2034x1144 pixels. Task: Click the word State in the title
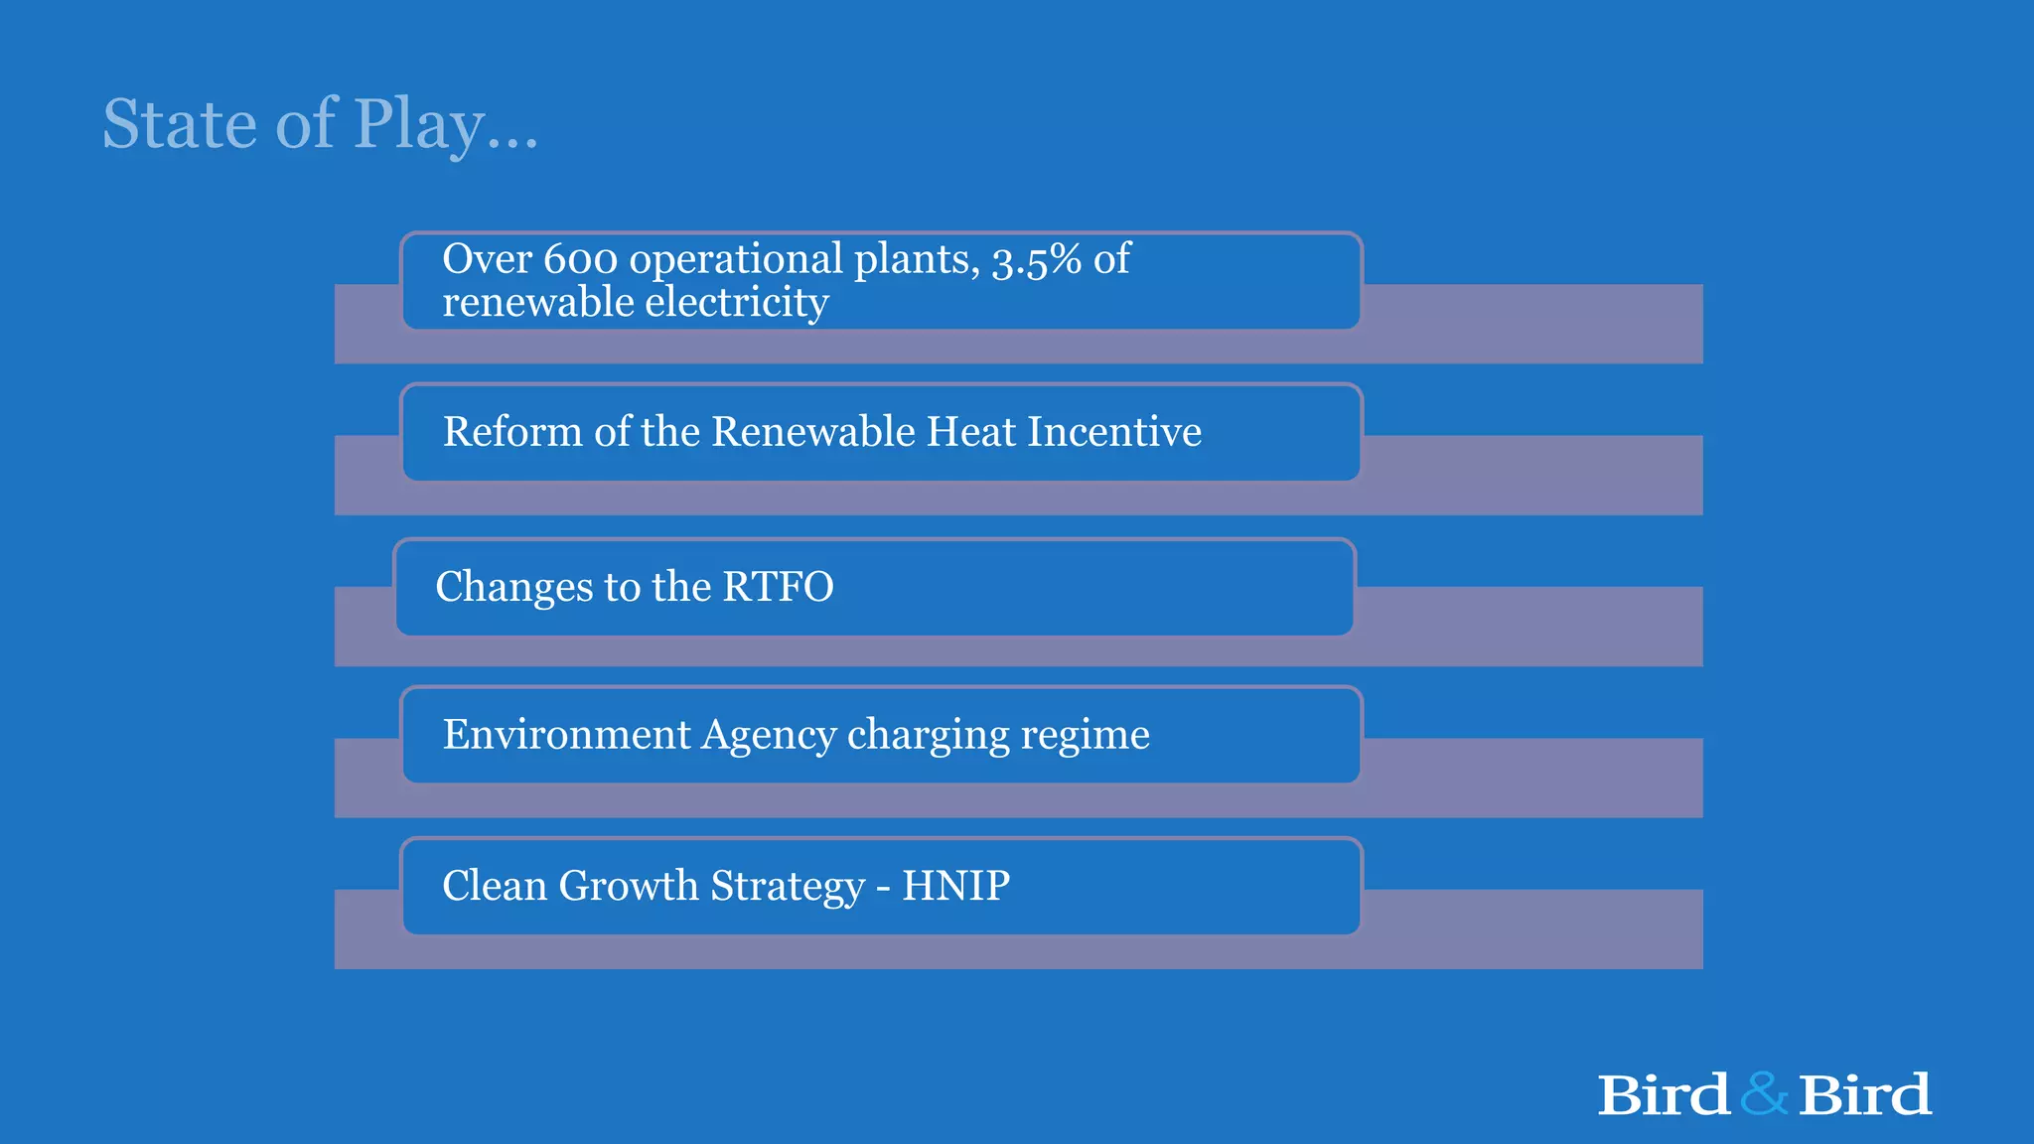tap(180, 124)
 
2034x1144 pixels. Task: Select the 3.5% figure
tap(1037, 259)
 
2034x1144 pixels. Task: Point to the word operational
tap(736, 259)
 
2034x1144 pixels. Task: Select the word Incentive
tap(1113, 432)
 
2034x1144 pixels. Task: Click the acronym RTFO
tap(778, 587)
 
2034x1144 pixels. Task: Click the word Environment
tap(566, 735)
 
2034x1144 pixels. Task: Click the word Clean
tap(494, 886)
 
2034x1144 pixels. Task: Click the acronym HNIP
tap(955, 886)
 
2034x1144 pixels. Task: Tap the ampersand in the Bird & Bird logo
tap(1764, 1094)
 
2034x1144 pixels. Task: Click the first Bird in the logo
tap(1664, 1094)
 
